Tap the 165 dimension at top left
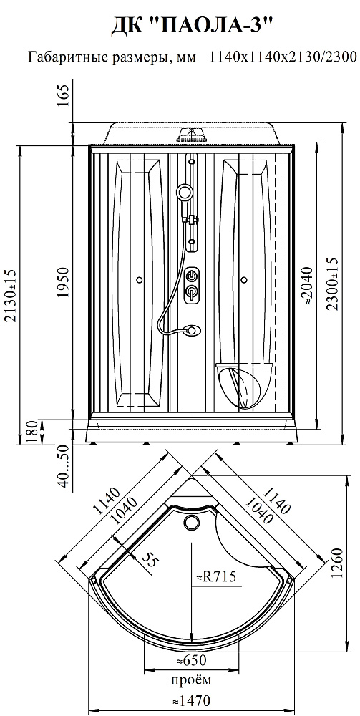point(63,96)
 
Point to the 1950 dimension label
point(63,281)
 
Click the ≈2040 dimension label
point(308,286)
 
